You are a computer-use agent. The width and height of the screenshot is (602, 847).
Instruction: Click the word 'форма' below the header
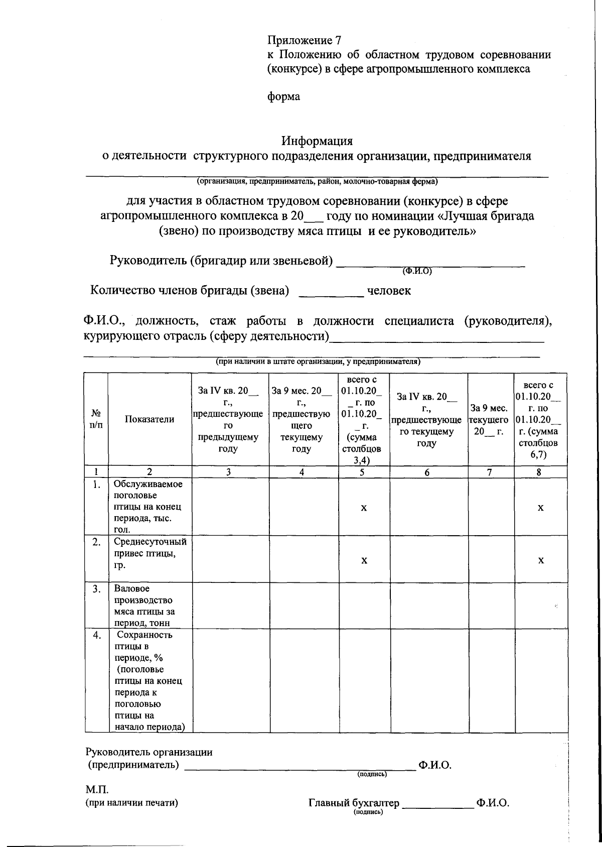pyautogui.click(x=283, y=96)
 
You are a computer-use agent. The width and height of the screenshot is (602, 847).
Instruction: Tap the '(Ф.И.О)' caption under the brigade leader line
pyautogui.click(x=417, y=271)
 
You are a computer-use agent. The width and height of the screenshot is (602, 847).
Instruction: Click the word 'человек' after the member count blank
pyautogui.click(x=389, y=291)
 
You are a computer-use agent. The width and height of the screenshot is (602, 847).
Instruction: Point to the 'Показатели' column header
pyautogui.click(x=149, y=419)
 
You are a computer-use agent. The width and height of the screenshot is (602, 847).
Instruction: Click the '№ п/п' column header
pyautogui.click(x=96, y=419)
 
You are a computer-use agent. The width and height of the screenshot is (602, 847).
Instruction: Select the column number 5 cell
pyautogui.click(x=364, y=472)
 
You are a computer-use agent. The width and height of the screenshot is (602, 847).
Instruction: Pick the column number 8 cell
pyautogui.click(x=540, y=472)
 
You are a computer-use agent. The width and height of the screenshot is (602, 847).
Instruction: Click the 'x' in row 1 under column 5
pyautogui.click(x=364, y=508)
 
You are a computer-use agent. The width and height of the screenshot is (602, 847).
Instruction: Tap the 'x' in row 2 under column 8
pyautogui.click(x=540, y=560)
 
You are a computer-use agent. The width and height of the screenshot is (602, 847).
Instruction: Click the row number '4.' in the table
pyautogui.click(x=97, y=635)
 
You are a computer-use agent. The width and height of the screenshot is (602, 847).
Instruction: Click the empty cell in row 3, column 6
pyautogui.click(x=429, y=605)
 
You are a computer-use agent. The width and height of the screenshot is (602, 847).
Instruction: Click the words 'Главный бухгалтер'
pyautogui.click(x=354, y=803)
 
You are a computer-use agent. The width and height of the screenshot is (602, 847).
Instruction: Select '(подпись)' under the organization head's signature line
pyautogui.click(x=372, y=775)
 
